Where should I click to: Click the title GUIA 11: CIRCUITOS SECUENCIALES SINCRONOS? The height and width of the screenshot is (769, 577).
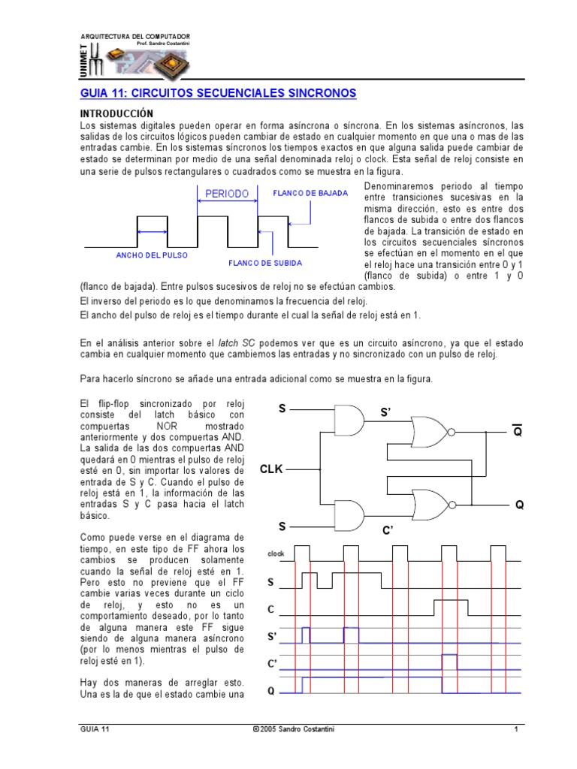pyautogui.click(x=218, y=93)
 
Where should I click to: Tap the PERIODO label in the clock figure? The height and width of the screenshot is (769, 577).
pyautogui.click(x=227, y=194)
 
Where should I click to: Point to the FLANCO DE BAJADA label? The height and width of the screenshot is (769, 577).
pyautogui.click(x=310, y=193)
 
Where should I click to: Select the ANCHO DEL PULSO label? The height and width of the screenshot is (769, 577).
pyautogui.click(x=151, y=255)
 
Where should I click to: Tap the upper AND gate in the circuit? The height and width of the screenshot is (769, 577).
pyautogui.click(x=348, y=419)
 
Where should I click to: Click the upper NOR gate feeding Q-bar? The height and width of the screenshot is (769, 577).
pyautogui.click(x=430, y=433)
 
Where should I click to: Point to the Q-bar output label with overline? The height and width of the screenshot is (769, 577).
pyautogui.click(x=517, y=431)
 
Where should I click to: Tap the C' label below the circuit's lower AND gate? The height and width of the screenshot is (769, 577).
pyautogui.click(x=388, y=531)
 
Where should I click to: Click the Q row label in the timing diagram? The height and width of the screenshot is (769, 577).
pyautogui.click(x=271, y=692)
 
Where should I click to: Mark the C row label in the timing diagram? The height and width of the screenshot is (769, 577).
pyautogui.click(x=271, y=609)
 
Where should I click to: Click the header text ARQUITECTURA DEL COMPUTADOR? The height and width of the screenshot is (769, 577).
pyautogui.click(x=135, y=36)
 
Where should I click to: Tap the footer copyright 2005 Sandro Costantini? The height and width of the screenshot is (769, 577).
pyautogui.click(x=292, y=729)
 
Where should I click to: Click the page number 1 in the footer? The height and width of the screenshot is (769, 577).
pyautogui.click(x=516, y=729)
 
